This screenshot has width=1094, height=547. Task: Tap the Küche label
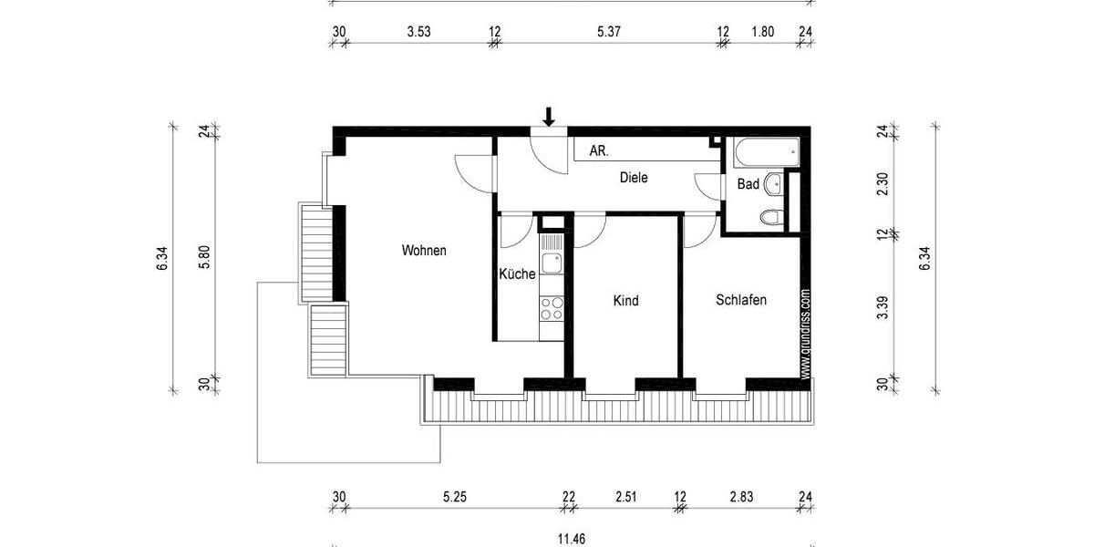point(517,273)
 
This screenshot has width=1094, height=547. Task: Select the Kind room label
point(625,301)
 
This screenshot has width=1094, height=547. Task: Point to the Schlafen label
point(741,299)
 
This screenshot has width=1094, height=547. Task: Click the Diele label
point(634,178)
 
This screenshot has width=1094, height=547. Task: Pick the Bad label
point(748,184)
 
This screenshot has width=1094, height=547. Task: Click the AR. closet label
point(599,150)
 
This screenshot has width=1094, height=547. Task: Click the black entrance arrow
point(549,116)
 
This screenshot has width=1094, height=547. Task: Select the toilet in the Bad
point(771,218)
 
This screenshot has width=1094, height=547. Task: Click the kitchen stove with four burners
point(552,307)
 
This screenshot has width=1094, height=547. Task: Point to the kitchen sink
point(552,263)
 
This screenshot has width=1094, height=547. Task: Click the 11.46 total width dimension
point(572,539)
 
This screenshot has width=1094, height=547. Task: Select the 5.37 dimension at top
point(609,32)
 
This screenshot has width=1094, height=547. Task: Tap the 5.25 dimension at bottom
point(455,497)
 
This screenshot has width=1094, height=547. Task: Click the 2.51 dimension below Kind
point(625,497)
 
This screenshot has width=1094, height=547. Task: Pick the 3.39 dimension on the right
point(882,310)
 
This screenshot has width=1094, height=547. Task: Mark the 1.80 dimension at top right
point(762,32)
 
